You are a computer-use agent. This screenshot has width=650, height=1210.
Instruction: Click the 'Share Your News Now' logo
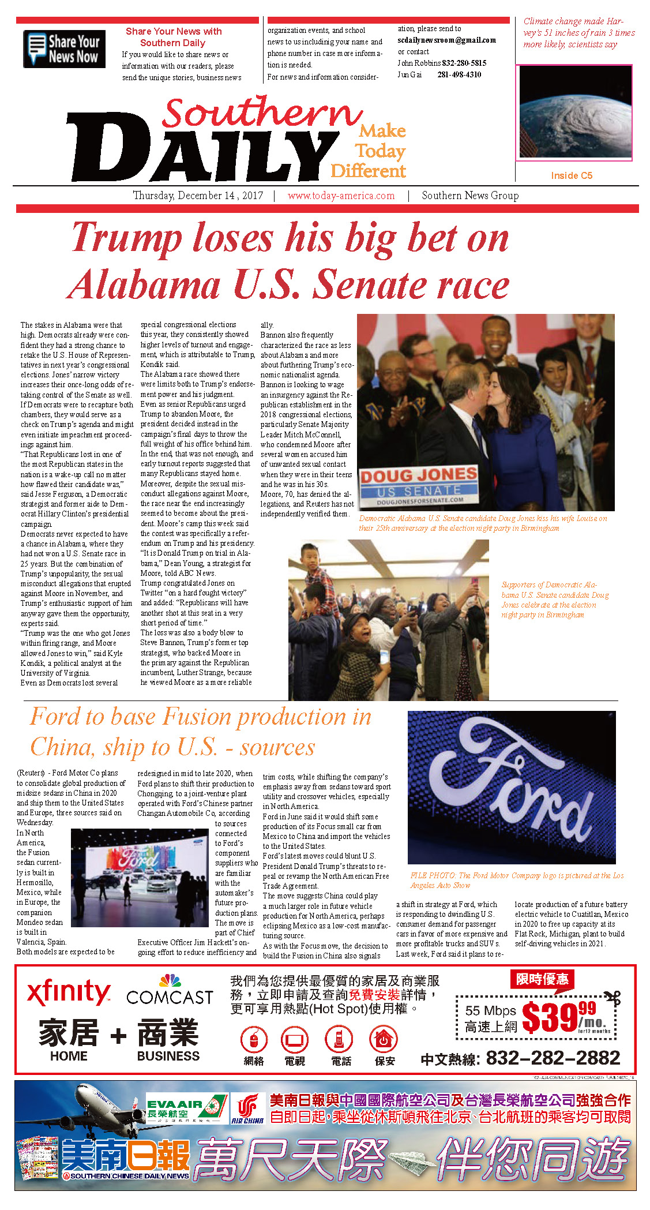point(64,49)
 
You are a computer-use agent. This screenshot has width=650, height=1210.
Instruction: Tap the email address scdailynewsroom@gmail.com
point(446,40)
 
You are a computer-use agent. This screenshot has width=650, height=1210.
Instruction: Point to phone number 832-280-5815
point(464,63)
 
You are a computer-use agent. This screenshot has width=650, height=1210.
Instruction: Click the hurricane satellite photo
point(574,113)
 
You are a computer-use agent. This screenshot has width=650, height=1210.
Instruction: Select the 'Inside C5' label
point(571,175)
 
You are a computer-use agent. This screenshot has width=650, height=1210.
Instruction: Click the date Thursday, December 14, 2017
point(198,196)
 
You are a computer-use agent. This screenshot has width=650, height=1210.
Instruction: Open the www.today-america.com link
point(341,196)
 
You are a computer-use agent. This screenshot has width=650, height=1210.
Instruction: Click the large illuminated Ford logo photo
point(511,787)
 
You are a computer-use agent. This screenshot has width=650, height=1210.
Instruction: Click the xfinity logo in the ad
point(68,992)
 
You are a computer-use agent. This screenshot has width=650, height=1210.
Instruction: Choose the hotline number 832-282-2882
point(553,1058)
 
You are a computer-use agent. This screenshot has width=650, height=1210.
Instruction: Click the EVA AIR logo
point(186,1106)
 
